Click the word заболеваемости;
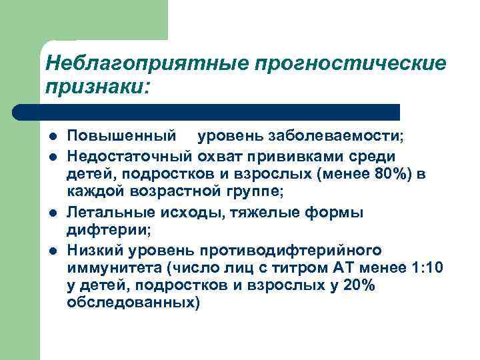(341, 137)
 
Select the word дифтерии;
(109, 231)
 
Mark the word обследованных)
(133, 305)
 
